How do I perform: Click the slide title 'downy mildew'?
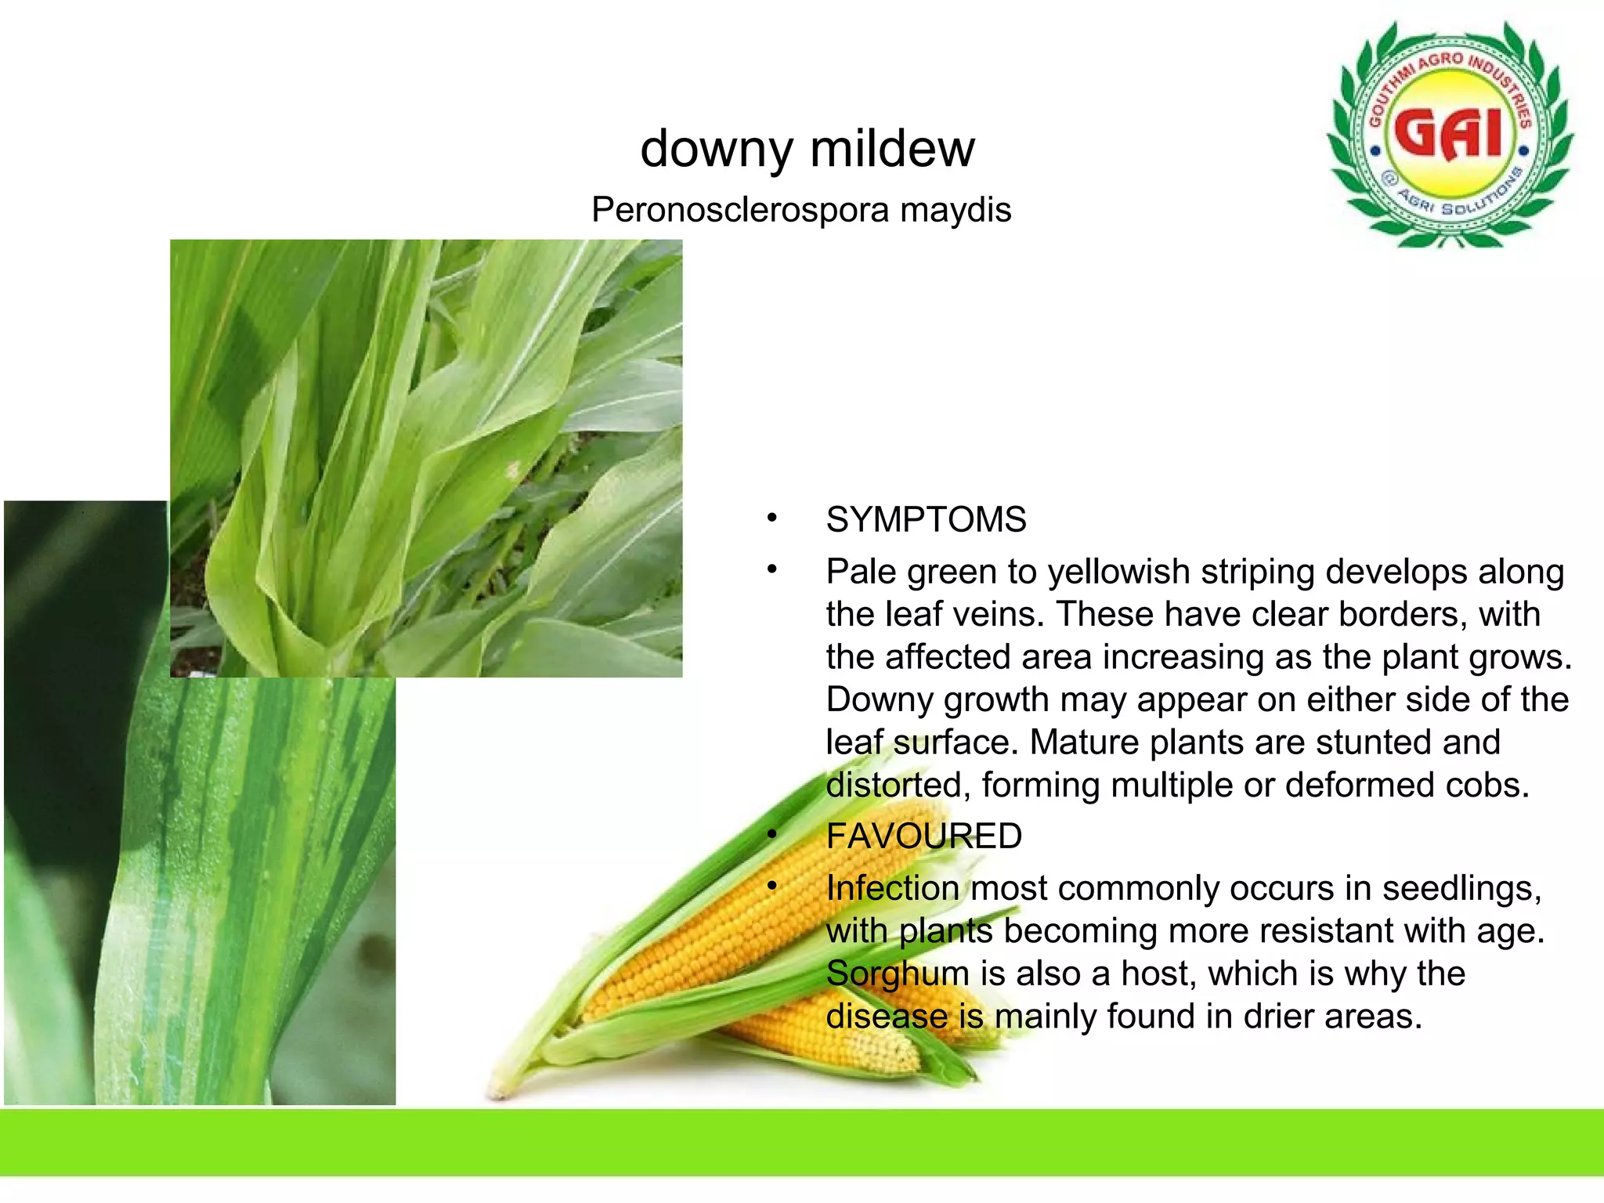click(807, 149)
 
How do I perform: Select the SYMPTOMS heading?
click(926, 520)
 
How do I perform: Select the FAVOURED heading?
click(924, 836)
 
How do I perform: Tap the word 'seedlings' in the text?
click(1461, 889)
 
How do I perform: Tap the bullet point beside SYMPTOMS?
click(772, 518)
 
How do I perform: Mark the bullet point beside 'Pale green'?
click(772, 570)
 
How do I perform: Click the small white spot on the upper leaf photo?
click(514, 471)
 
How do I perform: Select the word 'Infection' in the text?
click(893, 889)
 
